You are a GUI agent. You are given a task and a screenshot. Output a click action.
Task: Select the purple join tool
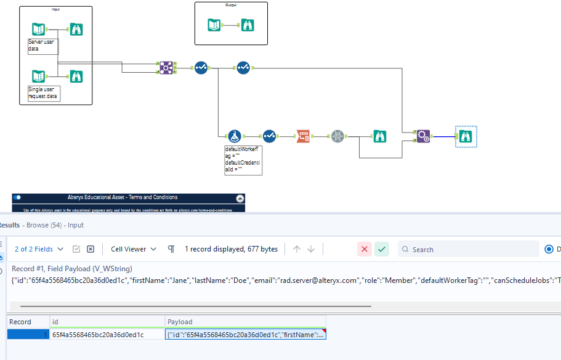click(x=166, y=68)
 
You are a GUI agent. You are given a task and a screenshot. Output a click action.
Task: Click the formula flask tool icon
click(x=233, y=136)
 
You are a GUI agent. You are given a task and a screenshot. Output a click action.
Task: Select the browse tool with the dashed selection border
click(x=466, y=136)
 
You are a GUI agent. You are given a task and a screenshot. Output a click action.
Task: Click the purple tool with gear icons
click(x=423, y=136)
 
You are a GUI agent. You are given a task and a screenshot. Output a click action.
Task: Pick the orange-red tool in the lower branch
click(x=303, y=136)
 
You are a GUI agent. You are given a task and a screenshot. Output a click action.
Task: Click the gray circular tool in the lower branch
click(x=337, y=136)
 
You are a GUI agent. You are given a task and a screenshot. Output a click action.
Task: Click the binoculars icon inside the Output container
click(x=248, y=25)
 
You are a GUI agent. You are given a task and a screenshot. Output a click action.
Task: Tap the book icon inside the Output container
click(x=214, y=25)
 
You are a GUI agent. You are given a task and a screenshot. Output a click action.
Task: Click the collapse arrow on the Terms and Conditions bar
click(x=240, y=198)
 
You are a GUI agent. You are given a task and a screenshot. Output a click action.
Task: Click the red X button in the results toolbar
click(x=365, y=249)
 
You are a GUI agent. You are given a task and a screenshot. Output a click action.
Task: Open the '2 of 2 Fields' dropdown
click(x=39, y=249)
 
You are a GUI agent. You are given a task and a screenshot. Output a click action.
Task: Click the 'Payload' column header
click(x=180, y=322)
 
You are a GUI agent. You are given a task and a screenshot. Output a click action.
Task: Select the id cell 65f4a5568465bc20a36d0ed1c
click(x=98, y=334)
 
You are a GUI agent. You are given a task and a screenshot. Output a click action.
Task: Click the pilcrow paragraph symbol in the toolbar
click(x=171, y=249)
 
